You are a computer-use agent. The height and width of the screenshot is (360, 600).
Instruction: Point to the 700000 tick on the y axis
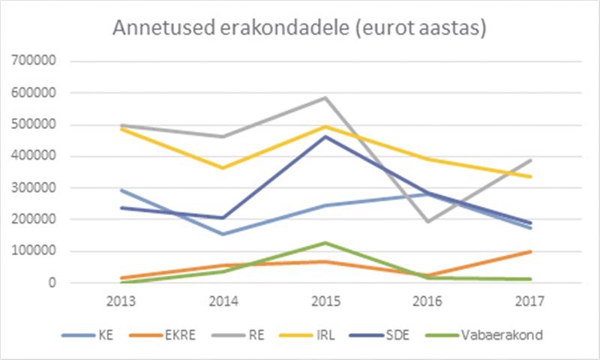tap(33, 61)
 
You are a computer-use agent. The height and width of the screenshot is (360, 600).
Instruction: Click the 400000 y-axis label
tap(33, 157)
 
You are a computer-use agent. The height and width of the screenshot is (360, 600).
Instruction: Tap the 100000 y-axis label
tap(33, 252)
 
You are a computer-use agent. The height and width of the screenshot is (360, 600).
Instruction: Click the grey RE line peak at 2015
tap(325, 97)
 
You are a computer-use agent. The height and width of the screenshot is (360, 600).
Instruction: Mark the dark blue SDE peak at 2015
tap(325, 136)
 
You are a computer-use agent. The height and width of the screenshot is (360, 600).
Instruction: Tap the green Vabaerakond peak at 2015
tap(325, 243)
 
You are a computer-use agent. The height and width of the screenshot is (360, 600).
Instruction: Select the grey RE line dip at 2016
tap(427, 221)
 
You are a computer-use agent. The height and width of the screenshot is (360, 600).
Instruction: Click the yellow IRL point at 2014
tap(223, 167)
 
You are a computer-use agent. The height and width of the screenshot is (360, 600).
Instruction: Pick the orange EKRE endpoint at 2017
tap(529, 251)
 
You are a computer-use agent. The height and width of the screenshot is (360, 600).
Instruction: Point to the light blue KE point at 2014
tap(223, 234)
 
